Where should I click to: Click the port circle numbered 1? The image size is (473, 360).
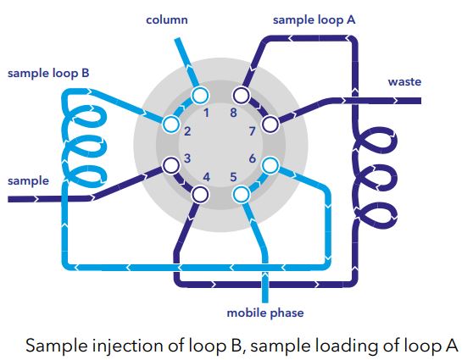tap(200, 96)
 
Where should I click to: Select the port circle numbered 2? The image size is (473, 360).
tap(171, 125)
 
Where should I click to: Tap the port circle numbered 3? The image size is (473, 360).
tap(171, 165)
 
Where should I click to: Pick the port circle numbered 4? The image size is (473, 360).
tap(200, 195)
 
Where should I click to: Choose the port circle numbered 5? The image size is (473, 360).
tap(241, 195)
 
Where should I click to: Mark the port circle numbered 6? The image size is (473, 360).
tap(270, 165)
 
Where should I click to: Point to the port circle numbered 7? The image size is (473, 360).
tap(270, 125)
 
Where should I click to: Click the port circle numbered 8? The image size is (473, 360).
tap(241, 96)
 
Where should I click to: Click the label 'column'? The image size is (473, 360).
tap(167, 19)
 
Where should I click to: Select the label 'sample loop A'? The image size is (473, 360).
tap(314, 20)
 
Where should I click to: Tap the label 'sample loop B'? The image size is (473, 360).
tap(48, 74)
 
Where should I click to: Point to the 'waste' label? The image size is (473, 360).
tap(404, 82)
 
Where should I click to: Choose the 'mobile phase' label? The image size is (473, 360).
tap(265, 313)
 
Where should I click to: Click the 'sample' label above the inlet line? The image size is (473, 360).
tap(28, 181)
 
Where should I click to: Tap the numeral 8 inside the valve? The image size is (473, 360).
tap(233, 113)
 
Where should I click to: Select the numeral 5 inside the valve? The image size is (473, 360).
tap(233, 177)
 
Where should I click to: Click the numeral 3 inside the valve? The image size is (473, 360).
tap(187, 158)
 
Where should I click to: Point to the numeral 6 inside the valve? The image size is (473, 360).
tap(253, 158)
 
